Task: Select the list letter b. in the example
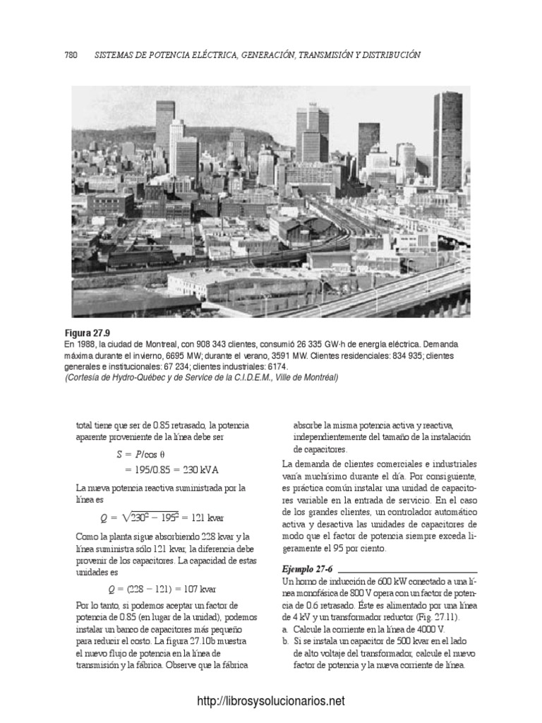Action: click(x=284, y=642)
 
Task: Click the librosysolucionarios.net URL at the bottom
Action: click(x=271, y=701)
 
